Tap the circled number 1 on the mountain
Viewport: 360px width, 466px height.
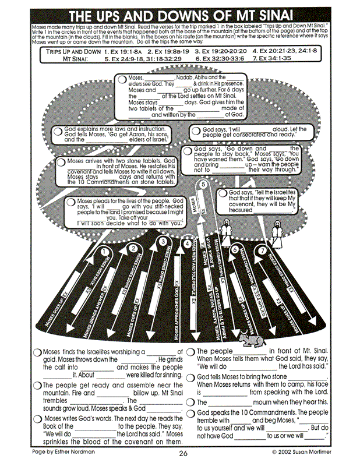click(x=105, y=252)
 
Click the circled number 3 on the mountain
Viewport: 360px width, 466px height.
click(x=163, y=241)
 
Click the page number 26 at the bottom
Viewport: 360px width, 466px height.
click(x=183, y=454)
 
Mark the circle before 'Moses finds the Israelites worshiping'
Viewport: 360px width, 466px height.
click(x=37, y=352)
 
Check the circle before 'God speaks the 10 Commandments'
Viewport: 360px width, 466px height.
click(x=191, y=413)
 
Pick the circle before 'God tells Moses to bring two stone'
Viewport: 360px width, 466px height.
click(x=191, y=377)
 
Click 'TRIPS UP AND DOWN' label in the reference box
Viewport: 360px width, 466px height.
click(x=70, y=51)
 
